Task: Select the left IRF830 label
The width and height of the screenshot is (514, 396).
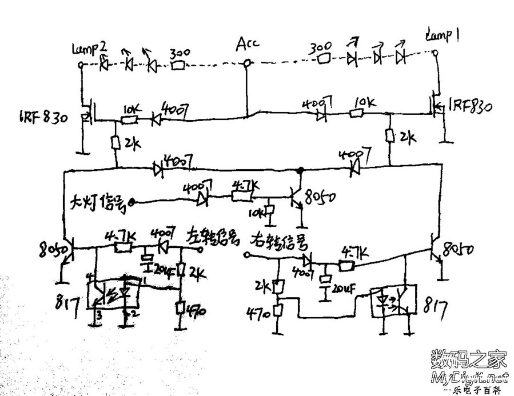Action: (43, 118)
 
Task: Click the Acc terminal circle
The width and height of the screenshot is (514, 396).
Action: (247, 63)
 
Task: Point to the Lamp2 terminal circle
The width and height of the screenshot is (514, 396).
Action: (81, 65)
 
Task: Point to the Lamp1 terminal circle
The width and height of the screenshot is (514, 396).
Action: (436, 54)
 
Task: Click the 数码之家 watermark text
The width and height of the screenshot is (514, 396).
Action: (468, 359)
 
